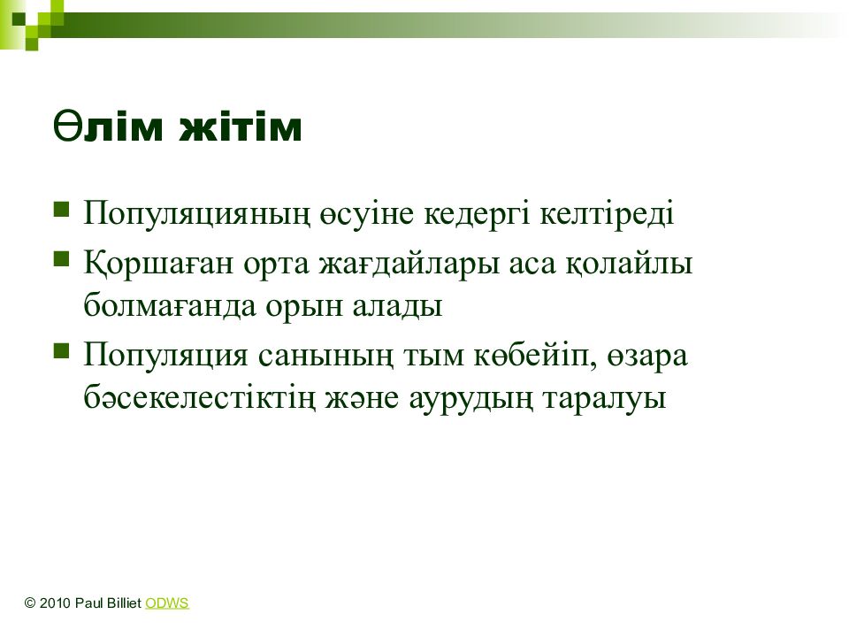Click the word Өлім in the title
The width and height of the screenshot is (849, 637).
click(x=108, y=127)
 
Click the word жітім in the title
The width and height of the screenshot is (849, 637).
click(x=241, y=127)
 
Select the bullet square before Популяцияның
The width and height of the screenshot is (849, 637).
click(x=61, y=209)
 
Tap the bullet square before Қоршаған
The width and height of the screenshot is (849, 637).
click(x=61, y=259)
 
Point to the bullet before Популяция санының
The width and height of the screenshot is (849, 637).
click(x=61, y=351)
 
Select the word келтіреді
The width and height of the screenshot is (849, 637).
click(x=607, y=212)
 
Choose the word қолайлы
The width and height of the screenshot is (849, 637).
click(x=629, y=264)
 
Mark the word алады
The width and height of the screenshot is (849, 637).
click(x=397, y=305)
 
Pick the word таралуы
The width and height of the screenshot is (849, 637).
click(x=604, y=399)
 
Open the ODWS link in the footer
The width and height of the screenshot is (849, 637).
click(x=167, y=602)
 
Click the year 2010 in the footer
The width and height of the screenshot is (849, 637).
click(x=55, y=602)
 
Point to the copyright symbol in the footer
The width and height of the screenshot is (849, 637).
click(x=30, y=602)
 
